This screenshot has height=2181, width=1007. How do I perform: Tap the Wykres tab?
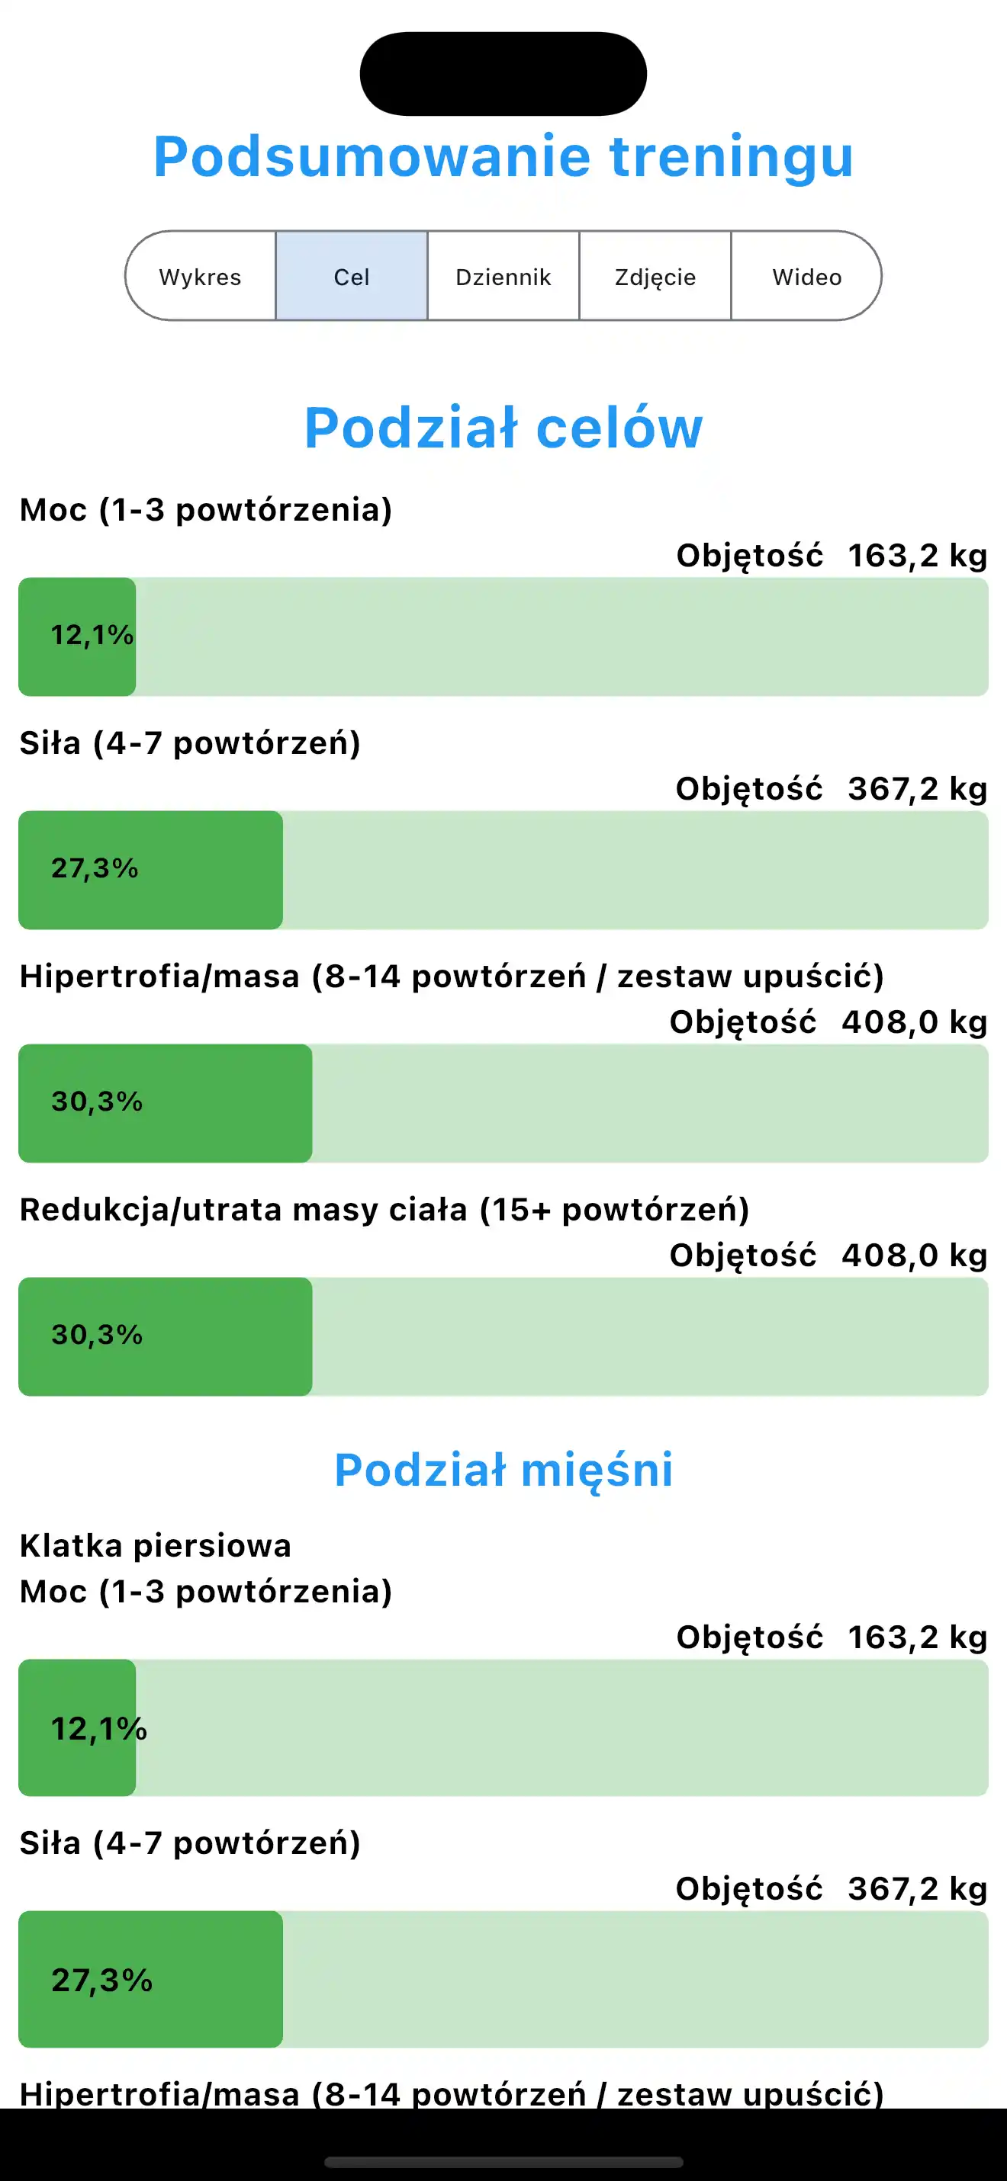(x=200, y=277)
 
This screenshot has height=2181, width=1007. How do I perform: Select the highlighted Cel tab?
(x=352, y=277)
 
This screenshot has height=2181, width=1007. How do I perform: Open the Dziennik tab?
(x=503, y=277)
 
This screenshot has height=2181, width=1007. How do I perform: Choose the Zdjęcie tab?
(x=655, y=277)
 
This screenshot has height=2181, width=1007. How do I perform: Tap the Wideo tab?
(x=806, y=277)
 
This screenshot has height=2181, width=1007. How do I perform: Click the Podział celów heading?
(x=503, y=428)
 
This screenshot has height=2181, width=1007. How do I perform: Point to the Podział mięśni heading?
(x=503, y=1470)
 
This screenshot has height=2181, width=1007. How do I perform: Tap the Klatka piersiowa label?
(x=155, y=1546)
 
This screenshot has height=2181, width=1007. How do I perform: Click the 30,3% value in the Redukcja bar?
(x=97, y=1335)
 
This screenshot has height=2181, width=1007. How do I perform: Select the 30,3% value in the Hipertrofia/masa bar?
(x=97, y=1102)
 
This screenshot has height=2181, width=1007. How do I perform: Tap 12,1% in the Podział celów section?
(x=92, y=635)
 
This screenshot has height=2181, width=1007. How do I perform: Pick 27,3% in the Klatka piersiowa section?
(x=101, y=1981)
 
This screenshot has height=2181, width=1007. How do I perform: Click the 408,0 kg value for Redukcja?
(x=914, y=1256)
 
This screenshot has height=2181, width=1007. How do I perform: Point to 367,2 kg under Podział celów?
(x=917, y=789)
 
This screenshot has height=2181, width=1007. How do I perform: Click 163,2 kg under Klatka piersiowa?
(x=917, y=1637)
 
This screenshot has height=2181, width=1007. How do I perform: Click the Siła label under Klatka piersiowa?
(x=190, y=1843)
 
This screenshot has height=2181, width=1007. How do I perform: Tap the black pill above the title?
(x=503, y=74)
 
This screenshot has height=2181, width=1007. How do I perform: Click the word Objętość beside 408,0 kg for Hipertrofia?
(x=743, y=1022)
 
